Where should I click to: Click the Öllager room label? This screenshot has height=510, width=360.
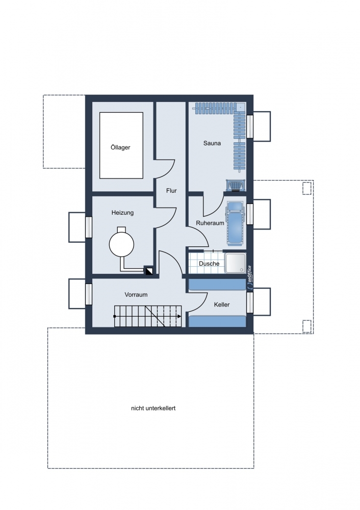(120, 147)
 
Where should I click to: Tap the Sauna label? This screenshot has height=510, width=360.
(212, 143)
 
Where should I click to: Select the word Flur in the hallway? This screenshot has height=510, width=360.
(171, 191)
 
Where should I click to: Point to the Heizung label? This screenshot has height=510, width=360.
(122, 213)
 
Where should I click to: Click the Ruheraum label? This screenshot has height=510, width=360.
(210, 223)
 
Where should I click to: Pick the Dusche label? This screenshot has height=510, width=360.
(209, 264)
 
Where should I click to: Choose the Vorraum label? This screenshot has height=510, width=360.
(136, 295)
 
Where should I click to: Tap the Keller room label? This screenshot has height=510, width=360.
(222, 305)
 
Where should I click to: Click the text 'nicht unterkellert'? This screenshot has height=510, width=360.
(153, 408)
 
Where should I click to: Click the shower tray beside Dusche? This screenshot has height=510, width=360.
(236, 264)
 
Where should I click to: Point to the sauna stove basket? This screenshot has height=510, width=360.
(236, 186)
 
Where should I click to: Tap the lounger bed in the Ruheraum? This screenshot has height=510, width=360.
(235, 223)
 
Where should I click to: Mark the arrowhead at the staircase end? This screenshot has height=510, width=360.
(179, 316)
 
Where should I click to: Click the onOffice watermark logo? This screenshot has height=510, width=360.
(249, 277)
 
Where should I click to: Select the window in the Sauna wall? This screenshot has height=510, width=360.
(250, 126)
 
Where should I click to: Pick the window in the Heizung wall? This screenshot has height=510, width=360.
(88, 227)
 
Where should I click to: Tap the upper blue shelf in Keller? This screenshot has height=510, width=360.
(217, 284)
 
